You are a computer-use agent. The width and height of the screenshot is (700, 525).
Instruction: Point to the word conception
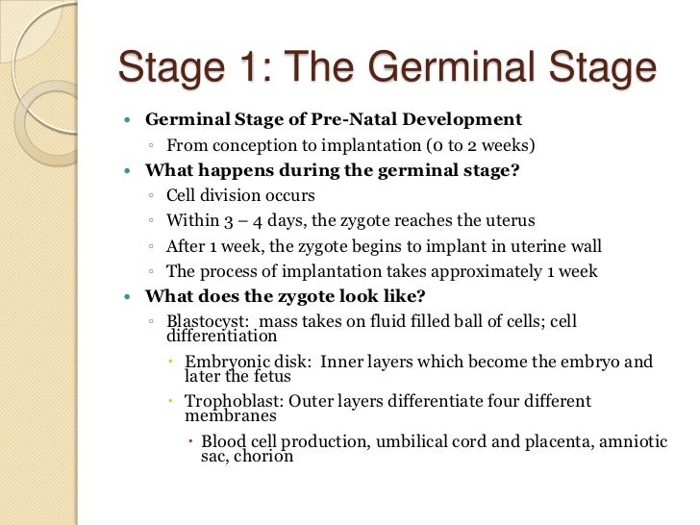(x=251, y=146)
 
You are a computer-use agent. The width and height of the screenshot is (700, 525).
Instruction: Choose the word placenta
(x=535, y=440)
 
